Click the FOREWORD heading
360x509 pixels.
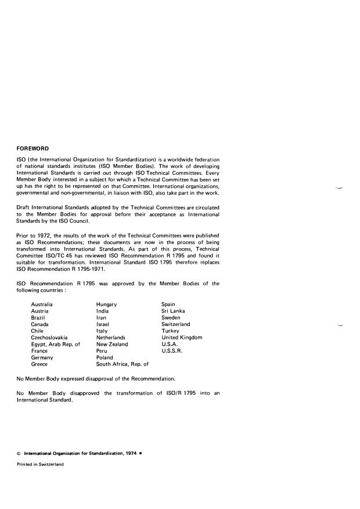pyautogui.click(x=33, y=148)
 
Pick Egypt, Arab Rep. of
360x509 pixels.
pyautogui.click(x=55, y=344)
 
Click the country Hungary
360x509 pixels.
pyautogui.click(x=106, y=304)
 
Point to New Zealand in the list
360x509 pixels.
pyautogui.click(x=112, y=344)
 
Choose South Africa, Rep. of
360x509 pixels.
pyautogui.click(x=123, y=364)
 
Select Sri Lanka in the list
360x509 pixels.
pyautogui.click(x=173, y=311)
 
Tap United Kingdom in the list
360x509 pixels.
pyautogui.click(x=182, y=338)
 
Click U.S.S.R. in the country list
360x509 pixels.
pyautogui.click(x=173, y=351)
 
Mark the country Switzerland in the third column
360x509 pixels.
pyautogui.click(x=175, y=324)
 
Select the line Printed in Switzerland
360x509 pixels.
pyautogui.click(x=40, y=465)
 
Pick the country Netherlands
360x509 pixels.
pyautogui.click(x=111, y=338)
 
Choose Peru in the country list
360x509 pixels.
pyautogui.click(x=102, y=351)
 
